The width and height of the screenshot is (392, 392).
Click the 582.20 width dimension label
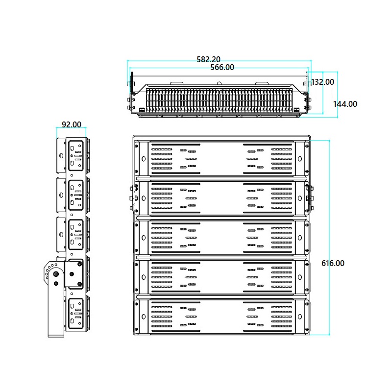[208, 59]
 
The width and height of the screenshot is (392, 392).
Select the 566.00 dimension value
[222, 68]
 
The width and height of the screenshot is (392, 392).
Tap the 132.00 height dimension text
[323, 82]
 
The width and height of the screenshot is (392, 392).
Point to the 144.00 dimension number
[345, 104]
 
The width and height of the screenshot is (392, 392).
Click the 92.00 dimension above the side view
[72, 125]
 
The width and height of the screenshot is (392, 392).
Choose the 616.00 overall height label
[333, 263]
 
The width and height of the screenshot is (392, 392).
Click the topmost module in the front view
[222, 158]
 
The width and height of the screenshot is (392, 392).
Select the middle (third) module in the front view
[222, 237]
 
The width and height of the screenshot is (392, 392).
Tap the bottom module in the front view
[222, 317]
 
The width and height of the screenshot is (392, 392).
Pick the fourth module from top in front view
[222, 277]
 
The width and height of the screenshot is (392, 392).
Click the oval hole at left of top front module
[143, 158]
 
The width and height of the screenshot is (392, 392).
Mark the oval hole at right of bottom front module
[302, 317]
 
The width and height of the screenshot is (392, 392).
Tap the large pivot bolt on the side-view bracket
[55, 275]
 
